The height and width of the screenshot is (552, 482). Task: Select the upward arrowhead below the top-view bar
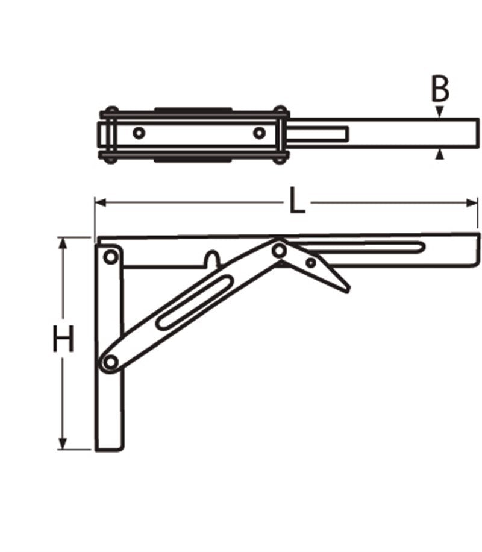[x=440, y=155]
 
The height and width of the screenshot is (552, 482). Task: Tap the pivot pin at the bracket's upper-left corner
[x=110, y=258]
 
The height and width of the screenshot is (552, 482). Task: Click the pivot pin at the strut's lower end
[x=110, y=362]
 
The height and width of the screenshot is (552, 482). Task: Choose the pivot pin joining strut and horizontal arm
[x=278, y=249]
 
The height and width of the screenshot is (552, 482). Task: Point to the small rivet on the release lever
[x=310, y=263]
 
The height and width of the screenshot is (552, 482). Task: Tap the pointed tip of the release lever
[x=346, y=290]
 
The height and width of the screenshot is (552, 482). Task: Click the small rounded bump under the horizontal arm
[x=211, y=259]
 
